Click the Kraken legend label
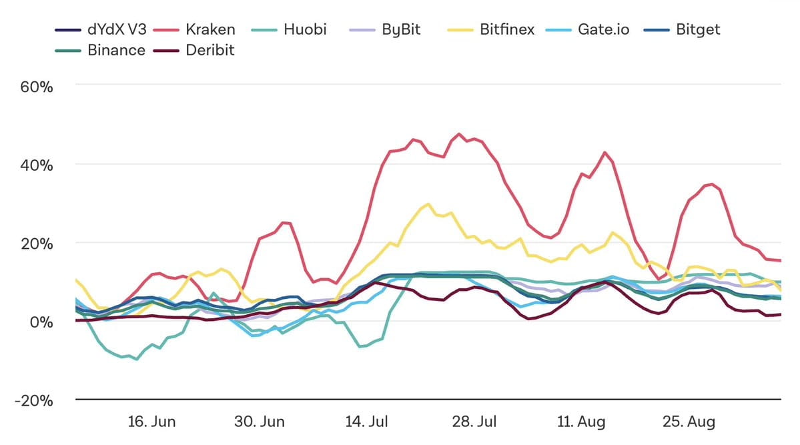tap(210, 29)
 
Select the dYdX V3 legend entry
tap(117, 29)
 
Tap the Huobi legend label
tap(305, 29)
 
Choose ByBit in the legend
tap(401, 29)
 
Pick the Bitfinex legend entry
tap(506, 29)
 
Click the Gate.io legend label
tap(603, 29)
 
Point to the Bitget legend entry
tap(698, 29)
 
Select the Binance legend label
tap(116, 50)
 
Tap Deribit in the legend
tap(210, 50)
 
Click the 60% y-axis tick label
tap(37, 87)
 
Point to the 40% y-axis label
tap(37, 165)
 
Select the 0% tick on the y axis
tap(41, 322)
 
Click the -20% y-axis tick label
tap(33, 400)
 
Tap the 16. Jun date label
tap(151, 422)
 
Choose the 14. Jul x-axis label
tap(366, 422)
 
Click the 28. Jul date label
tap(474, 422)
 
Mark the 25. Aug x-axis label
tap(689, 422)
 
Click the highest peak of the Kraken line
tap(458, 133)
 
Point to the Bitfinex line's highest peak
tap(428, 203)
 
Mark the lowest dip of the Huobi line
tap(137, 359)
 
